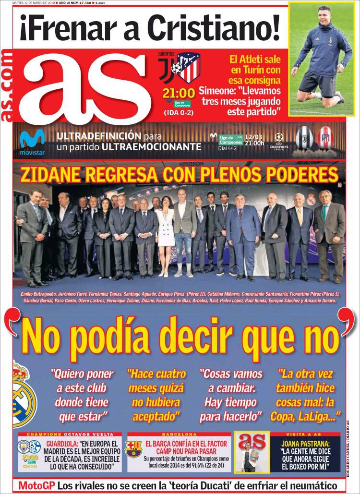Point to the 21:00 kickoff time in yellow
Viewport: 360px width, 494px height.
179,92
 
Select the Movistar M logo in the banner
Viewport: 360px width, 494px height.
32,139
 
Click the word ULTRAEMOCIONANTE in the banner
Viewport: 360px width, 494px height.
151,146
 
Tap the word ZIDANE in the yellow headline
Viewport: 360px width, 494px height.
49,175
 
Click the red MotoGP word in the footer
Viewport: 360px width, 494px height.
36,485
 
